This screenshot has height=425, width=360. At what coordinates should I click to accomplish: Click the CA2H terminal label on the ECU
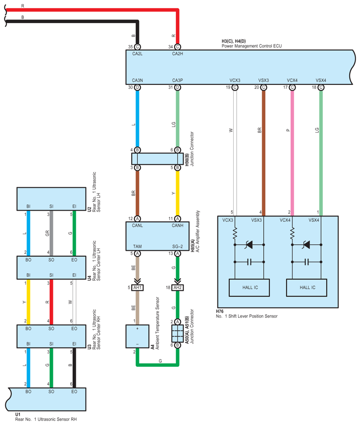coord(177,54)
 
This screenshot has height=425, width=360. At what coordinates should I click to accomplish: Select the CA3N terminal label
coord(137,80)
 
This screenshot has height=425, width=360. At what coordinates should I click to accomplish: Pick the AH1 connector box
coord(137,287)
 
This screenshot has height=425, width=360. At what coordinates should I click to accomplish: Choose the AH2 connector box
coord(178,287)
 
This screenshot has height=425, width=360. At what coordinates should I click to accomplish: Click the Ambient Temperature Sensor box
coord(137,338)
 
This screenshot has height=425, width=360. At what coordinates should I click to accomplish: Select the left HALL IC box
coord(249,288)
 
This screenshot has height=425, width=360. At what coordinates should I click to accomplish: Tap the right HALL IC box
coord(307,288)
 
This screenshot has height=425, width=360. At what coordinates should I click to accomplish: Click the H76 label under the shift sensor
coord(220,312)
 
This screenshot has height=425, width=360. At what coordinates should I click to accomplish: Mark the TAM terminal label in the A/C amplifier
coord(137,247)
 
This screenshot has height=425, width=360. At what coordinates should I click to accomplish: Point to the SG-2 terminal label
coord(178,247)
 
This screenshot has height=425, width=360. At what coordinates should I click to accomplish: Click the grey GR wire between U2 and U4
coord(52,234)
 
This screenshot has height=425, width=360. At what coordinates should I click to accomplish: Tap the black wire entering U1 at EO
coord(74,366)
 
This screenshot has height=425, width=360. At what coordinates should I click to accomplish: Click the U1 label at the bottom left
coord(18,415)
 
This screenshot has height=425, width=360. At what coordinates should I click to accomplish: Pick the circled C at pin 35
coord(137,47)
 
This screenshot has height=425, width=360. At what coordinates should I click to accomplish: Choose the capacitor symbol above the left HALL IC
coord(249,262)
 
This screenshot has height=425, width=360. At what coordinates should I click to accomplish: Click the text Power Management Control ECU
coord(251,46)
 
